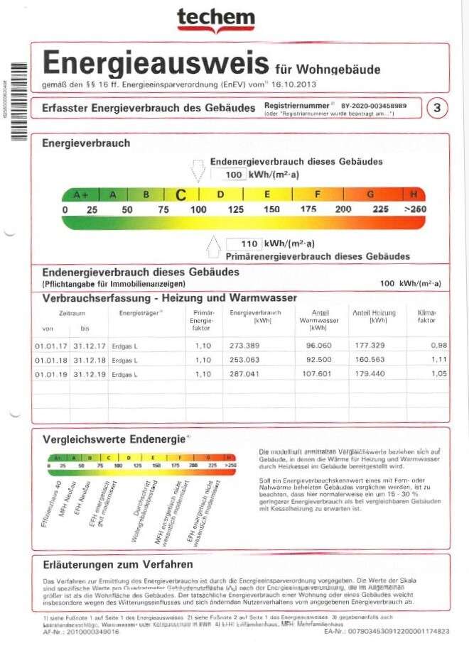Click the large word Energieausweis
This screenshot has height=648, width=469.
tap(156, 63)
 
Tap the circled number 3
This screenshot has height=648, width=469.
tap(437, 108)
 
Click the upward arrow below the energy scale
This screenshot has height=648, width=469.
tap(212, 247)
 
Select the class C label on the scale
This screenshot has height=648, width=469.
tap(181, 194)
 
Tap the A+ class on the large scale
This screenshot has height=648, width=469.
tap(80, 194)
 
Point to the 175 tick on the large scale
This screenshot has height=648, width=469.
tap(308, 209)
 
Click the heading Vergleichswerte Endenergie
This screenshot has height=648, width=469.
tap(114, 439)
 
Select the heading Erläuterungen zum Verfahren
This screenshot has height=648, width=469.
tap(117, 565)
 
